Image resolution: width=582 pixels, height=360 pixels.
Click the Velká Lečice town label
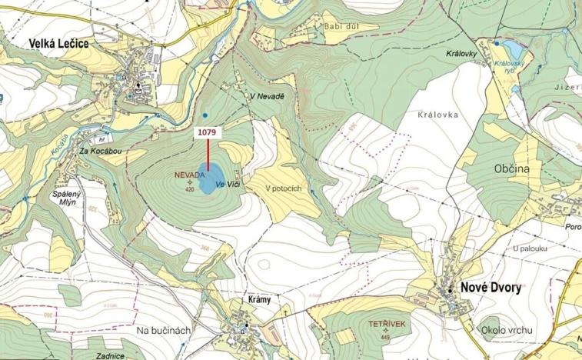click(x=59, y=44)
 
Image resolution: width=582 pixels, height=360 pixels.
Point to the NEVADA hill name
click(x=190, y=175)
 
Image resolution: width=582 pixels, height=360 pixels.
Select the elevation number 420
click(x=189, y=188)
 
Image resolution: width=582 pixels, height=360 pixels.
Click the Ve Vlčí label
click(x=230, y=185)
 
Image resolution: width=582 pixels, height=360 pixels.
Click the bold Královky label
click(x=462, y=55)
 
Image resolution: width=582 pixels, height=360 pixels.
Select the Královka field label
click(x=437, y=115)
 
